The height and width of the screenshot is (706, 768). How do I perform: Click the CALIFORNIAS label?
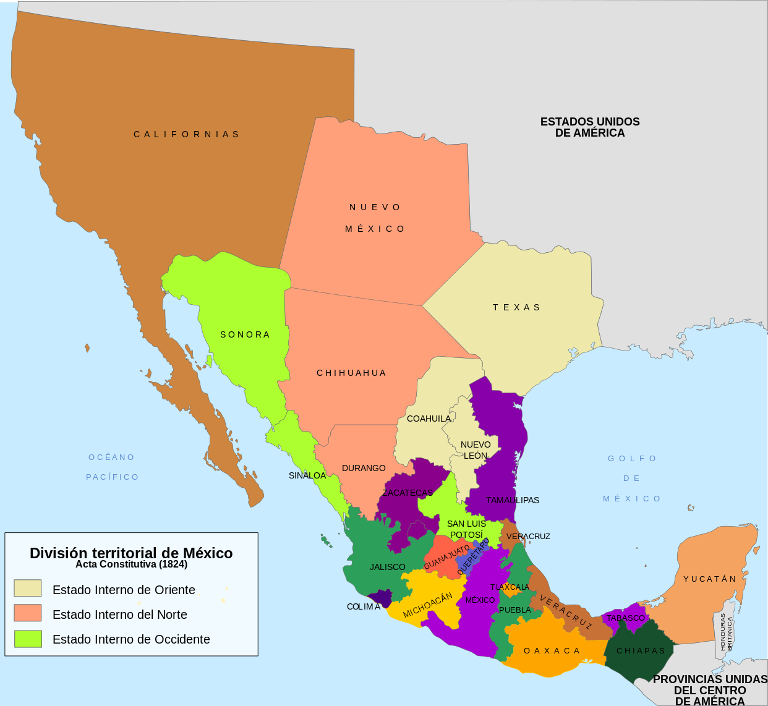point(187,134)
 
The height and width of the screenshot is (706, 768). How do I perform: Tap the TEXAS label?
point(516,307)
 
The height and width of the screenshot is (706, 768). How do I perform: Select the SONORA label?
point(245,334)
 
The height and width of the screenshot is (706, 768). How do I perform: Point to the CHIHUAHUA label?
point(351,373)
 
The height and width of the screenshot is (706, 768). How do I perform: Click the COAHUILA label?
point(429,419)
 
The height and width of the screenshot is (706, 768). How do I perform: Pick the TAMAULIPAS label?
point(512,500)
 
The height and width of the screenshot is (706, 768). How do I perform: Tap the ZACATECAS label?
point(407,493)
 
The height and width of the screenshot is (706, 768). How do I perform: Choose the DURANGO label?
point(364,468)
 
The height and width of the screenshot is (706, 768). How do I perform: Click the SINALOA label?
point(307,475)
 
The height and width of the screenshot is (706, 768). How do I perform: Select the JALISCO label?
point(388,567)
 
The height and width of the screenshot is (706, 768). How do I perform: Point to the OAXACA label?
point(552,651)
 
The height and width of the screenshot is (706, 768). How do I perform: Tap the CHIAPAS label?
point(641,651)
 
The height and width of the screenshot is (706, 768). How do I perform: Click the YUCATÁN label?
point(710,579)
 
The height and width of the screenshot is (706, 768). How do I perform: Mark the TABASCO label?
point(626,618)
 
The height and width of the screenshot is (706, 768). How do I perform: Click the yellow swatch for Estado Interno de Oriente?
point(28,588)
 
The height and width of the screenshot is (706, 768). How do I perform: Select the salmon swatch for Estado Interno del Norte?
point(28,613)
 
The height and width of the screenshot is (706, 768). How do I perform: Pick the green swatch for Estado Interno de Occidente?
point(28,639)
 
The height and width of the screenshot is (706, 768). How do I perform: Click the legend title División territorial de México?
point(131,553)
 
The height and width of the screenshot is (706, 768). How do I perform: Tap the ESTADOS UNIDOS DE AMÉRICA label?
point(590,127)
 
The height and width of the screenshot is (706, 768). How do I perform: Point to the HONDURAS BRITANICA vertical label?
point(726,632)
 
